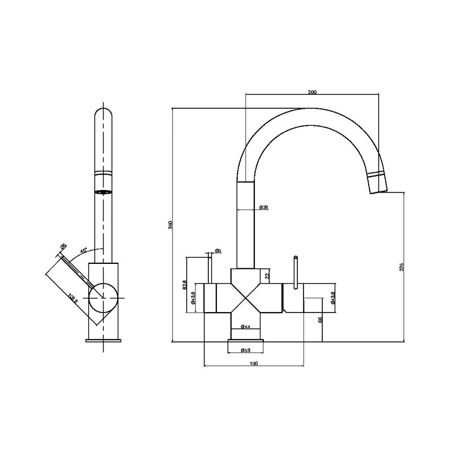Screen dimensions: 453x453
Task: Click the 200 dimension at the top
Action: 312,92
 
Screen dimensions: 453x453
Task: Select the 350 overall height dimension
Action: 169,225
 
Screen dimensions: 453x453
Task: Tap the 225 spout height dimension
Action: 401,267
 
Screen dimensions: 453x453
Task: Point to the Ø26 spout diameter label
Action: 263,207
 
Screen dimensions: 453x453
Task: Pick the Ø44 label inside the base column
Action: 245,327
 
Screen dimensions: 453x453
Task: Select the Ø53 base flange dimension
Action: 245,349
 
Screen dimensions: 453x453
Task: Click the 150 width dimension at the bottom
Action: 254,363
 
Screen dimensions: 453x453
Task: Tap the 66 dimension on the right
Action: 320,320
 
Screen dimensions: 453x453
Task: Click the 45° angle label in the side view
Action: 83,250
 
